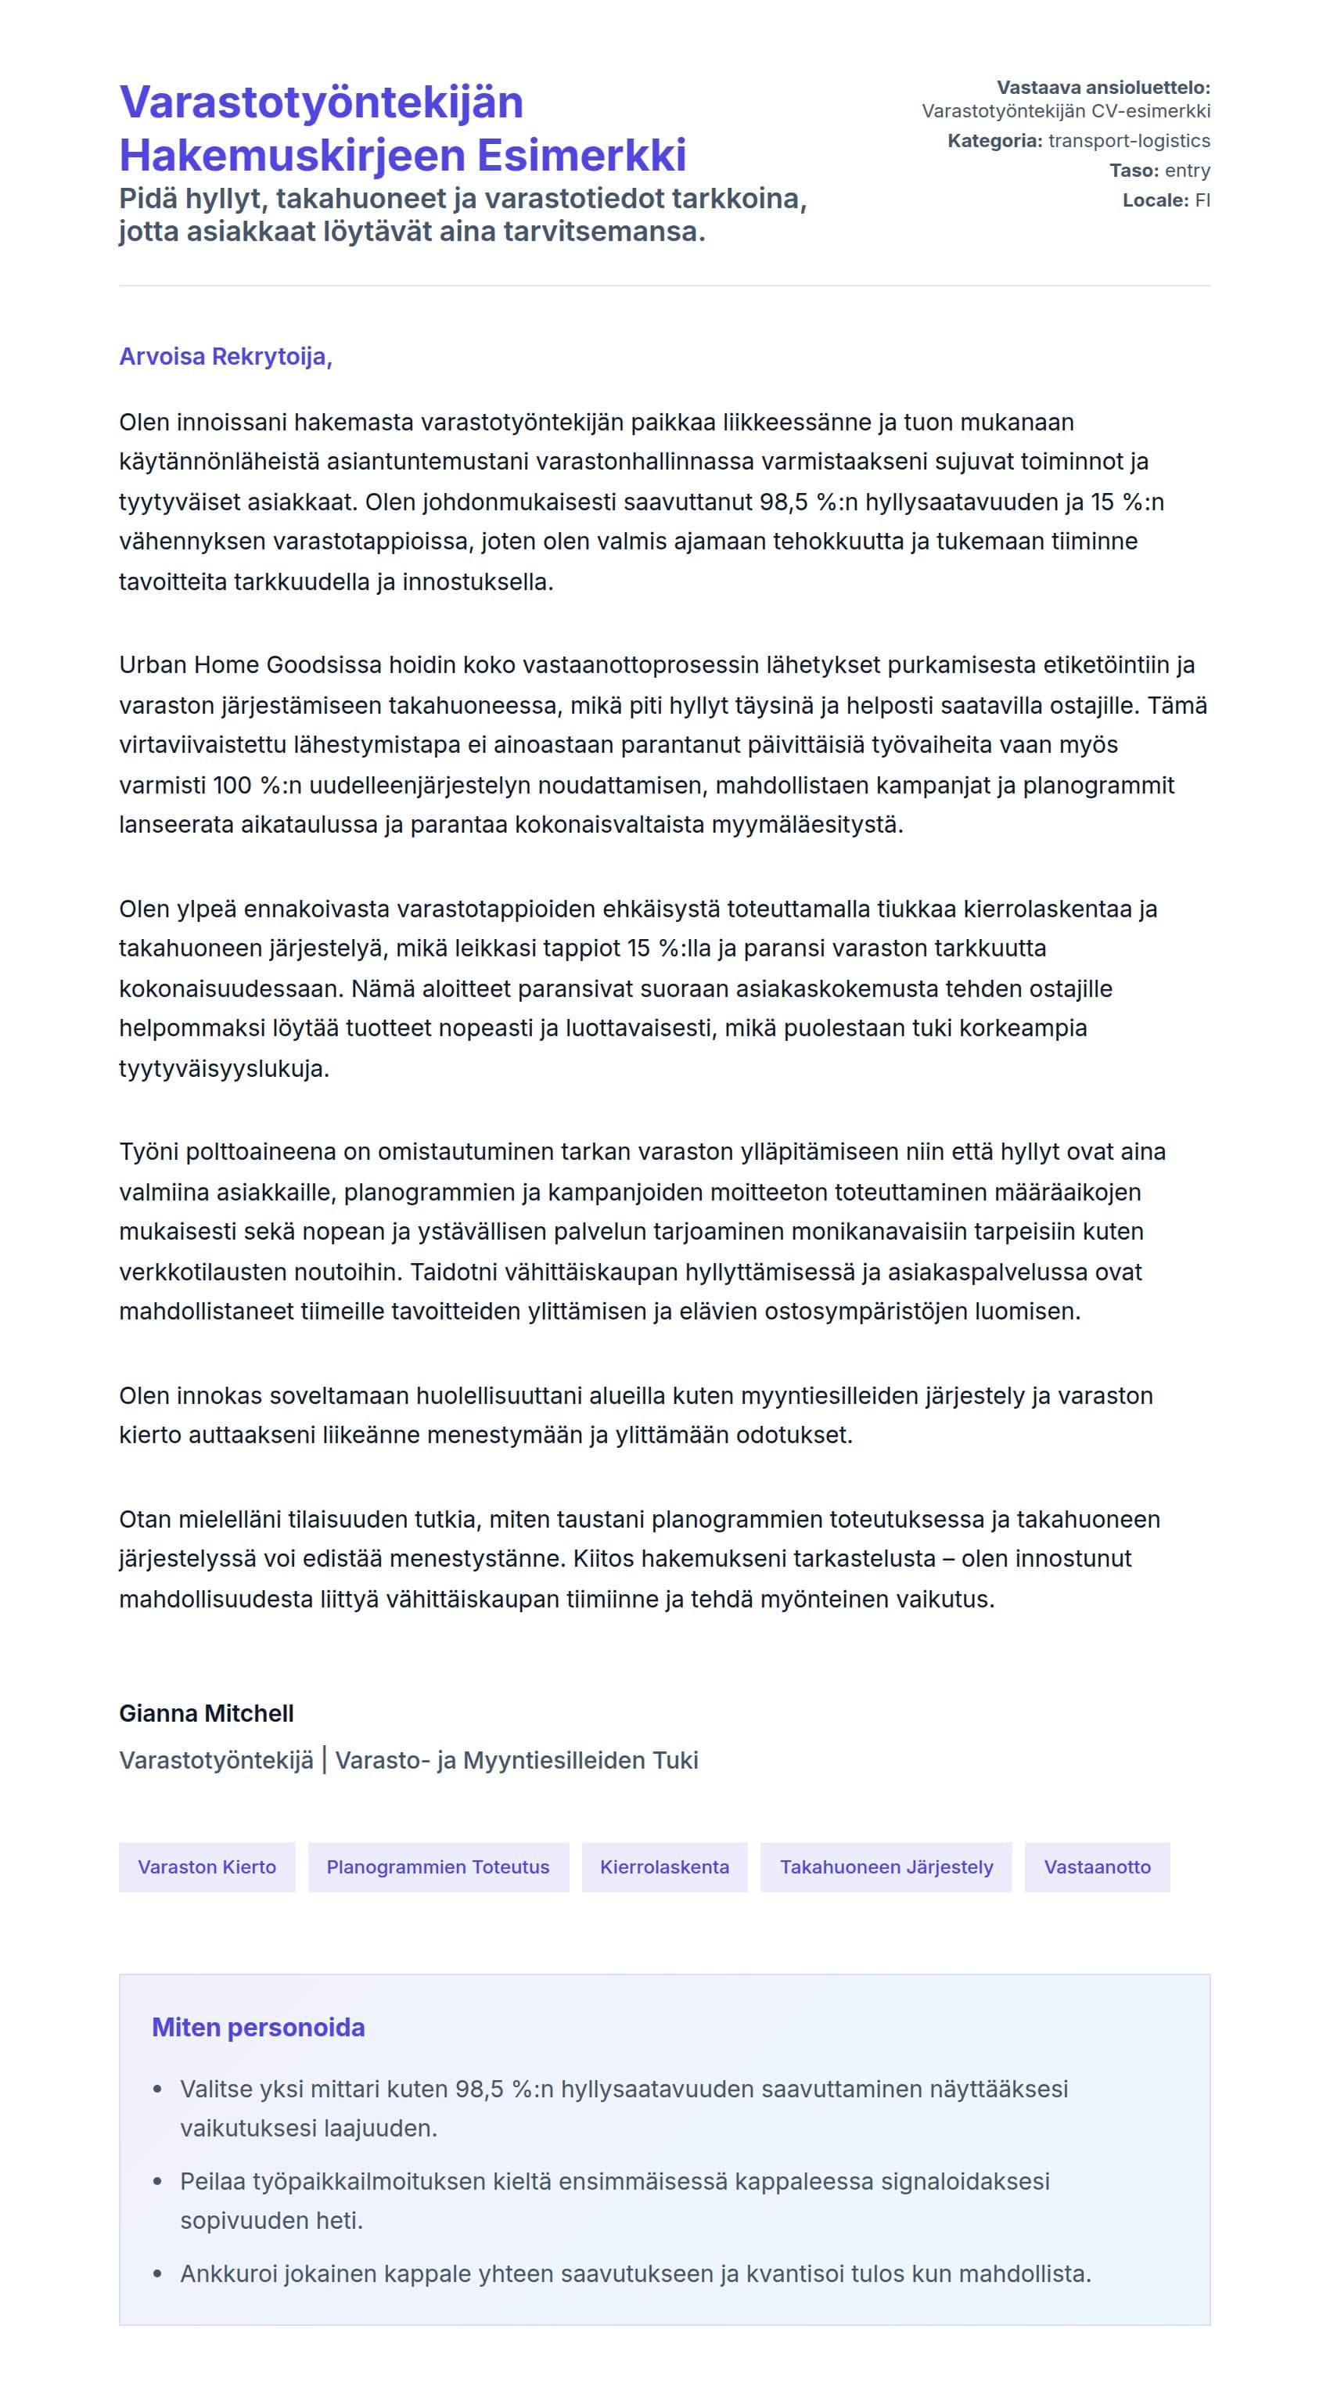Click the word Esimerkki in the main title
coord(583,155)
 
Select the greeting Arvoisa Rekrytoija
coord(225,356)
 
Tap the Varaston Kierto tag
coord(207,1867)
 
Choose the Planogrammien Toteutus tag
coord(438,1867)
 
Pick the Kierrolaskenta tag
coord(664,1867)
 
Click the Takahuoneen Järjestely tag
coord(886,1867)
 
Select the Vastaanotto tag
coord(1097,1867)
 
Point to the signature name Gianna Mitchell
coord(207,1713)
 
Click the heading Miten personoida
coord(258,2027)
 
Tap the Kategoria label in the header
coord(994,141)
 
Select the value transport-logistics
coord(1129,141)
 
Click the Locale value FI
coord(1202,200)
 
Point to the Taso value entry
coord(1188,171)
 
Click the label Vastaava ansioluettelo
coord(1104,88)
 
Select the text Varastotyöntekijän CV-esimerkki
coord(1066,111)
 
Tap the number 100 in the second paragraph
coord(232,785)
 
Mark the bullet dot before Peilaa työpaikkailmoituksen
coord(157,2182)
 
